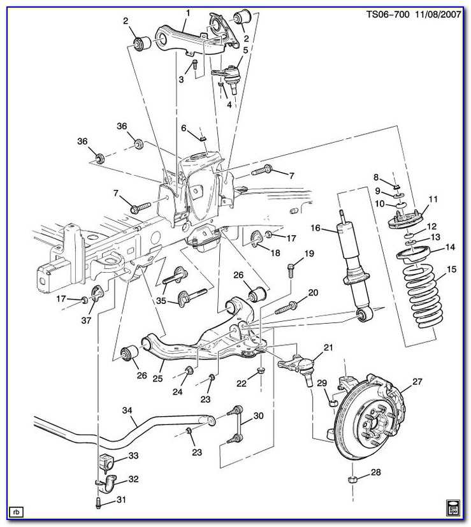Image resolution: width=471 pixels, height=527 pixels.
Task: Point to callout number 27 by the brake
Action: click(417, 382)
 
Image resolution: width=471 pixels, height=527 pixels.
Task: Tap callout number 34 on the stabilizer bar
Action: click(127, 411)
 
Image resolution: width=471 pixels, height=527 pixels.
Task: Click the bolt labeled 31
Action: click(98, 502)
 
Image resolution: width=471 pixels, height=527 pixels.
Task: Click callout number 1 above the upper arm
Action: click(187, 13)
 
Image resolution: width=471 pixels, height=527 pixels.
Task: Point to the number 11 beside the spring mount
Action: click(433, 200)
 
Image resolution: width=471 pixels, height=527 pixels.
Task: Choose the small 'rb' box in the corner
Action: click(16, 511)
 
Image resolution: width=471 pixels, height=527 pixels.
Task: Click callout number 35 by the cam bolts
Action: click(162, 301)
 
